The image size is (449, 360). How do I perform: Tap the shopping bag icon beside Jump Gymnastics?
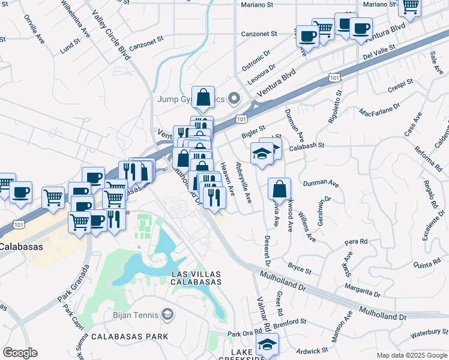coord(203,97)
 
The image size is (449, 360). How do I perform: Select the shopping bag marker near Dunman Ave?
coord(280,189)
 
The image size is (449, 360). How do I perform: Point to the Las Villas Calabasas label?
coord(196,278)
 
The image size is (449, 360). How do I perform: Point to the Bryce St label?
coord(300,268)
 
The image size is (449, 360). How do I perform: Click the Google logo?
coord(20,352)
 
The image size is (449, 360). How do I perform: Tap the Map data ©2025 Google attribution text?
coord(411,355)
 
